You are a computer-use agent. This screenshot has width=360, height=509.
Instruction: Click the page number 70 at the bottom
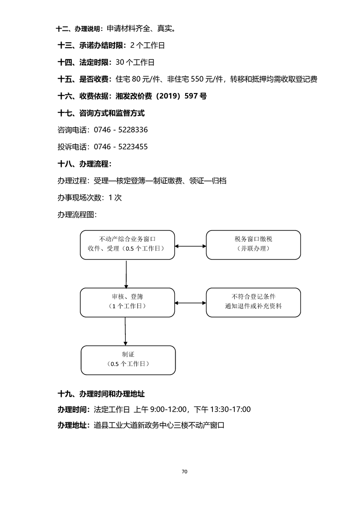(x=184, y=471)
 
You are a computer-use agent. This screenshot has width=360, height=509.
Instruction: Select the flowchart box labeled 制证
(x=128, y=360)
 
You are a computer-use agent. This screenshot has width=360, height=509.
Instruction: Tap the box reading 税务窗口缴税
(x=253, y=245)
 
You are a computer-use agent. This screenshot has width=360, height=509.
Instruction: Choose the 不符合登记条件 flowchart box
(x=253, y=302)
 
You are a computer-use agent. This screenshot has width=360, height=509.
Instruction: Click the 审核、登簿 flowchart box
(x=127, y=302)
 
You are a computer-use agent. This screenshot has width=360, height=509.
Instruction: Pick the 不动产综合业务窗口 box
(x=127, y=245)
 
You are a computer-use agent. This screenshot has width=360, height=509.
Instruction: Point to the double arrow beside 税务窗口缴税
(x=190, y=246)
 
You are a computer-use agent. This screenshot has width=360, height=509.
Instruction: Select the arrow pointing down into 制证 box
(x=125, y=331)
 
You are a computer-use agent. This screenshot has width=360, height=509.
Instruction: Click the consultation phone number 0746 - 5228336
(x=120, y=130)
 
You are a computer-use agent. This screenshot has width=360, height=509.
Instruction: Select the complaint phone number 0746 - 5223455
(x=120, y=147)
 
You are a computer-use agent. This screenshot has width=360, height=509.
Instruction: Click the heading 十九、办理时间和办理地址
(x=101, y=393)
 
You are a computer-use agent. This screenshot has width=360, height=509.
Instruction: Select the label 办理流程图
(x=77, y=215)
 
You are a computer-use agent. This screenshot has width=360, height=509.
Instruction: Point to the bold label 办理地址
(x=74, y=426)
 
